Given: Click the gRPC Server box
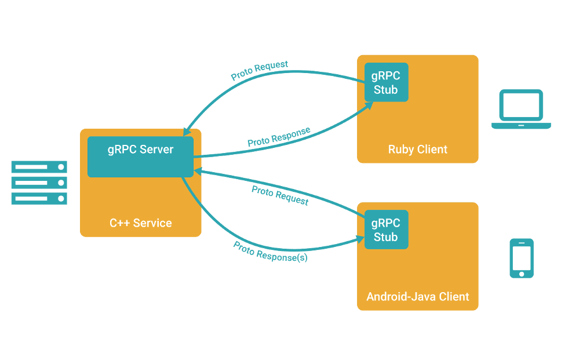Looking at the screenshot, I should pos(140,157).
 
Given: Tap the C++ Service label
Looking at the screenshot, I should pos(140,223).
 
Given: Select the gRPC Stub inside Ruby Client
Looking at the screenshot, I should pos(386,82).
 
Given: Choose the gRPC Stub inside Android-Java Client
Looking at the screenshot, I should pos(386,230).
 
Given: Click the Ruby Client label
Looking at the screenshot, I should pos(417,150).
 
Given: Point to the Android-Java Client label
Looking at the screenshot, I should pos(417,297).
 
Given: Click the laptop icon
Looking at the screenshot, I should pos(521,109).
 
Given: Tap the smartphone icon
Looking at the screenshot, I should pos(521,258).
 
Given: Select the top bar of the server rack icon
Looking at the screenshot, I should pos(39,167).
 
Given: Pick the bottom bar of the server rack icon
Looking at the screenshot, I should pos(39,199).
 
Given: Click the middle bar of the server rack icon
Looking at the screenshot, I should pos(39,183).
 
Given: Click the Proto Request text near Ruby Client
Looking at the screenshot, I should pos(259,71).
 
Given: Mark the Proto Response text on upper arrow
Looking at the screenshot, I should pos(279,136).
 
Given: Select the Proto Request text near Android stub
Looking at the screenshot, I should pos(280,195).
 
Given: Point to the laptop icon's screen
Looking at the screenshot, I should pos(521,106).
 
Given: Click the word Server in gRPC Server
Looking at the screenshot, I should pos(156,149).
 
